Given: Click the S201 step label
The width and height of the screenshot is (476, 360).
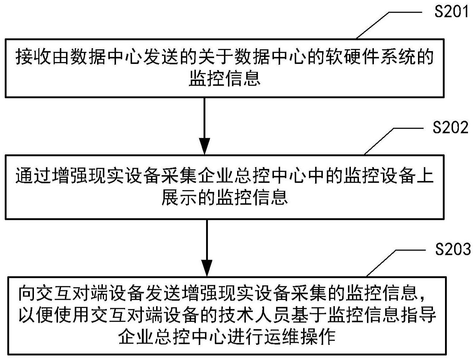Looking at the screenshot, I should coord(451,12).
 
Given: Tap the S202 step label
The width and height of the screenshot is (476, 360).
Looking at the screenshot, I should coord(450,128).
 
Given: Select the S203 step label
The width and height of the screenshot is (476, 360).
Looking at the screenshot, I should coord(453,249).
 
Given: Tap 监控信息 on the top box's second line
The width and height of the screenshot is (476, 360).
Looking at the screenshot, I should coord(225,78).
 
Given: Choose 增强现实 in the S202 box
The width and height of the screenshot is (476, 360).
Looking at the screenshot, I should coord(88,177).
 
